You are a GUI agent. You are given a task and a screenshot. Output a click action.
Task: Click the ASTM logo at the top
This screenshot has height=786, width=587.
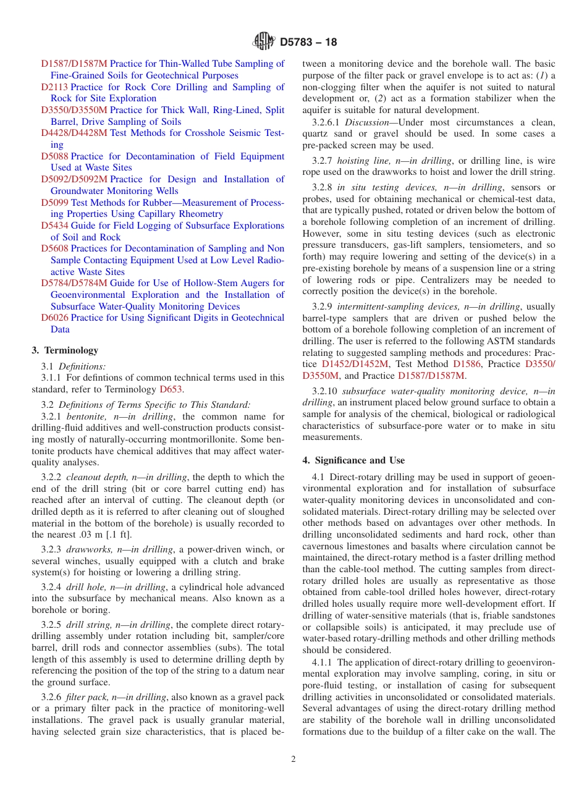coord(264,42)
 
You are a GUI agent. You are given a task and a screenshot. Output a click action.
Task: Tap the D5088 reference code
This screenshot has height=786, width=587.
coord(55,156)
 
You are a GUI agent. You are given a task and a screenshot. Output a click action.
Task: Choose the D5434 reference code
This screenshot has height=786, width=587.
coord(55,226)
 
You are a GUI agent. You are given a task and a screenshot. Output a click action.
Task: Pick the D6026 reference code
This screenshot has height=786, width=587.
coord(55,318)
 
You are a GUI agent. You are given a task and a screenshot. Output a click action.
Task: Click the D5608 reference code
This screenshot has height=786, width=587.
coord(55,248)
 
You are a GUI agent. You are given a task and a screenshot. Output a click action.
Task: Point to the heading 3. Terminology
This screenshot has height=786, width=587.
coord(64,350)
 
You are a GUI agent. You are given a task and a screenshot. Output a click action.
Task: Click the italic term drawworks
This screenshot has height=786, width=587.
coord(88,550)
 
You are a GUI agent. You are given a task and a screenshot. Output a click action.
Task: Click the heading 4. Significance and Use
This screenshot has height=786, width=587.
coord(353,460)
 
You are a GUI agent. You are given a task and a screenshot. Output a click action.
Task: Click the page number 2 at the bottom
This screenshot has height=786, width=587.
coord(293,759)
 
